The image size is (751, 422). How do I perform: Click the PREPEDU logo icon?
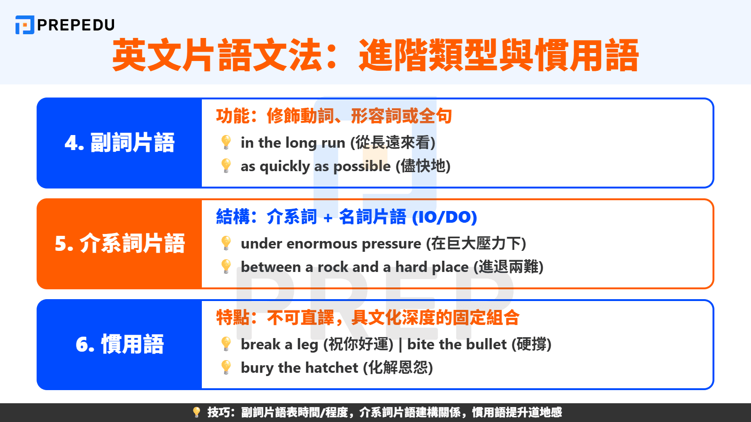[x=24, y=25]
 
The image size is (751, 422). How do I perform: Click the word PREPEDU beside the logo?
[x=76, y=25]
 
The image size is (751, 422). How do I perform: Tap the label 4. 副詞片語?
[x=120, y=143]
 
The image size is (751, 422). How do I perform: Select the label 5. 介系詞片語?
[x=120, y=244]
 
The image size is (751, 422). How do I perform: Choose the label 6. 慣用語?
[x=120, y=345]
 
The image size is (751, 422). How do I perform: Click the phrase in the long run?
[x=293, y=143]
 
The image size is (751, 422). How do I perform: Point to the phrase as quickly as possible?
[x=315, y=166]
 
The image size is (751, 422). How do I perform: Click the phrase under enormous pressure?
[x=331, y=243]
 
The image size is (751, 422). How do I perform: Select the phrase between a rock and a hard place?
[x=354, y=267]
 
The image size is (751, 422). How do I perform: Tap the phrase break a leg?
[x=280, y=344]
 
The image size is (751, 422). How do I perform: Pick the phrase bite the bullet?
[x=457, y=344]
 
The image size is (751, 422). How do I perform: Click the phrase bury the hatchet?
[x=299, y=368]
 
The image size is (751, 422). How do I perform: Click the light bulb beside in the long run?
[x=226, y=142]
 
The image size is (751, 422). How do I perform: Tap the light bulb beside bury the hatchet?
[x=226, y=367]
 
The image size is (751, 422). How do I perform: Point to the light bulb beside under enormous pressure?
[x=226, y=243]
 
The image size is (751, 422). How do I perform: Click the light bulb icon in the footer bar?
[x=197, y=412]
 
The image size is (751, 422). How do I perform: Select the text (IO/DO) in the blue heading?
[x=444, y=217]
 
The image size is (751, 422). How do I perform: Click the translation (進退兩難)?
[x=508, y=267]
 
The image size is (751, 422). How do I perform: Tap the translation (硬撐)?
[x=531, y=344]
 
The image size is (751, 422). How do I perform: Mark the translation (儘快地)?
[x=423, y=166]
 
